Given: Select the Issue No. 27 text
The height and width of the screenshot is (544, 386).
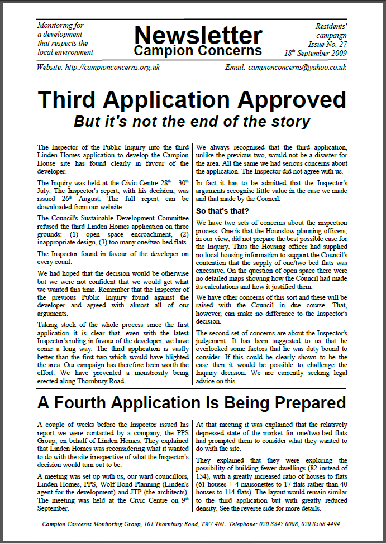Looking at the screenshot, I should pyautogui.click(x=327, y=43).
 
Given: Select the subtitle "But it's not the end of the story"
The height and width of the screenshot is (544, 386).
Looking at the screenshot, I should pyautogui.click(x=192, y=121).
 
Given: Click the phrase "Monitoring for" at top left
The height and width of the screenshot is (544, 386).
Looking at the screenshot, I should pyautogui.click(x=60, y=26).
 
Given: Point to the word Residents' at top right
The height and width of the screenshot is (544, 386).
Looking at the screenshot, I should pyautogui.click(x=332, y=26).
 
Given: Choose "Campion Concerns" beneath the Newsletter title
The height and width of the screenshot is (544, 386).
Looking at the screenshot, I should pyautogui.click(x=198, y=51).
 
